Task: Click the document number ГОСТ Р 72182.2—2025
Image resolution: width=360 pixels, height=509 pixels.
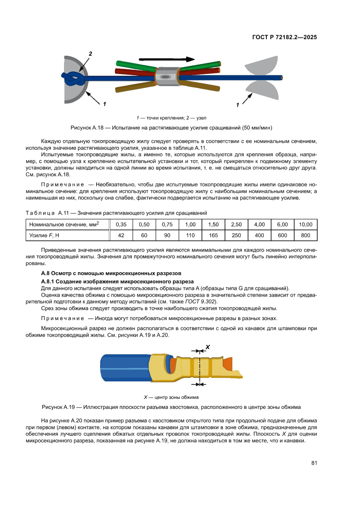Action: pyautogui.click(x=284, y=37)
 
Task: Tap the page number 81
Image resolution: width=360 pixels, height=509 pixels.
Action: pyautogui.click(x=313, y=463)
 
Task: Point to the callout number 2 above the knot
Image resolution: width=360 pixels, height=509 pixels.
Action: pyautogui.click(x=91, y=54)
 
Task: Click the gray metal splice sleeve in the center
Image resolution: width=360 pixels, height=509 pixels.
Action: pyautogui.click(x=166, y=77)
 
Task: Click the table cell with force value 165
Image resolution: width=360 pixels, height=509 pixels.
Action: pyautogui.click(x=213, y=236)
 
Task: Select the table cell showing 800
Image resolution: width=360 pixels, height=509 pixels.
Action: pyautogui.click(x=306, y=236)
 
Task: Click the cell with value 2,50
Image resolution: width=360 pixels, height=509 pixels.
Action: pyautogui.click(x=236, y=224)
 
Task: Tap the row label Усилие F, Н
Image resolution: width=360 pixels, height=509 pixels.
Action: pyautogui.click(x=44, y=236)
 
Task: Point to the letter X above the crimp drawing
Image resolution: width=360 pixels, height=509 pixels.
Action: pyautogui.click(x=208, y=347)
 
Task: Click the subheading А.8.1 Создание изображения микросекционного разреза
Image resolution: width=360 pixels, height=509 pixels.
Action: pyautogui.click(x=117, y=281)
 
